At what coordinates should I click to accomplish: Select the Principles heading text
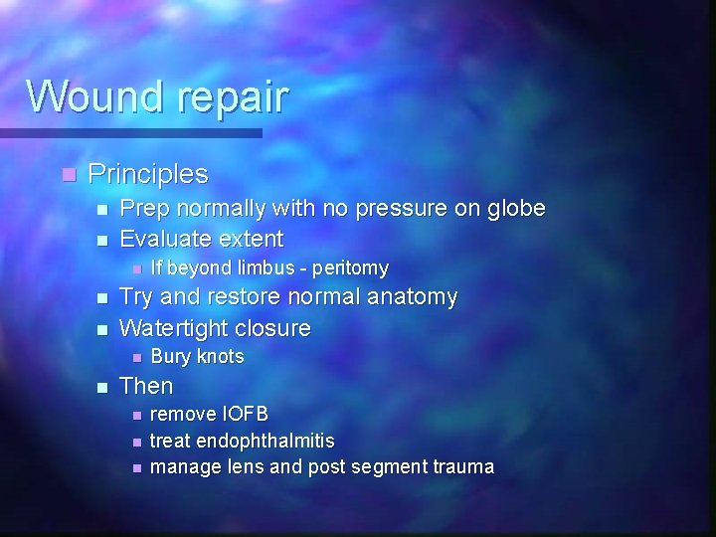pos(148,175)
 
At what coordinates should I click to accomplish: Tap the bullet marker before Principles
pos(67,175)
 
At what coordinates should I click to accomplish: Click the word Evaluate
pos(166,239)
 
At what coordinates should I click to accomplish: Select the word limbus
pos(267,268)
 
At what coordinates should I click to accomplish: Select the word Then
pos(146,386)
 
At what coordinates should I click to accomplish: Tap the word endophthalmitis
pos(266,441)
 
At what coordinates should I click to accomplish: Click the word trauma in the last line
pos(459,466)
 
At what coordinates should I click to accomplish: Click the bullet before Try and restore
pos(103,298)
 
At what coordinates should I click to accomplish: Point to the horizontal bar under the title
pos(129,132)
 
